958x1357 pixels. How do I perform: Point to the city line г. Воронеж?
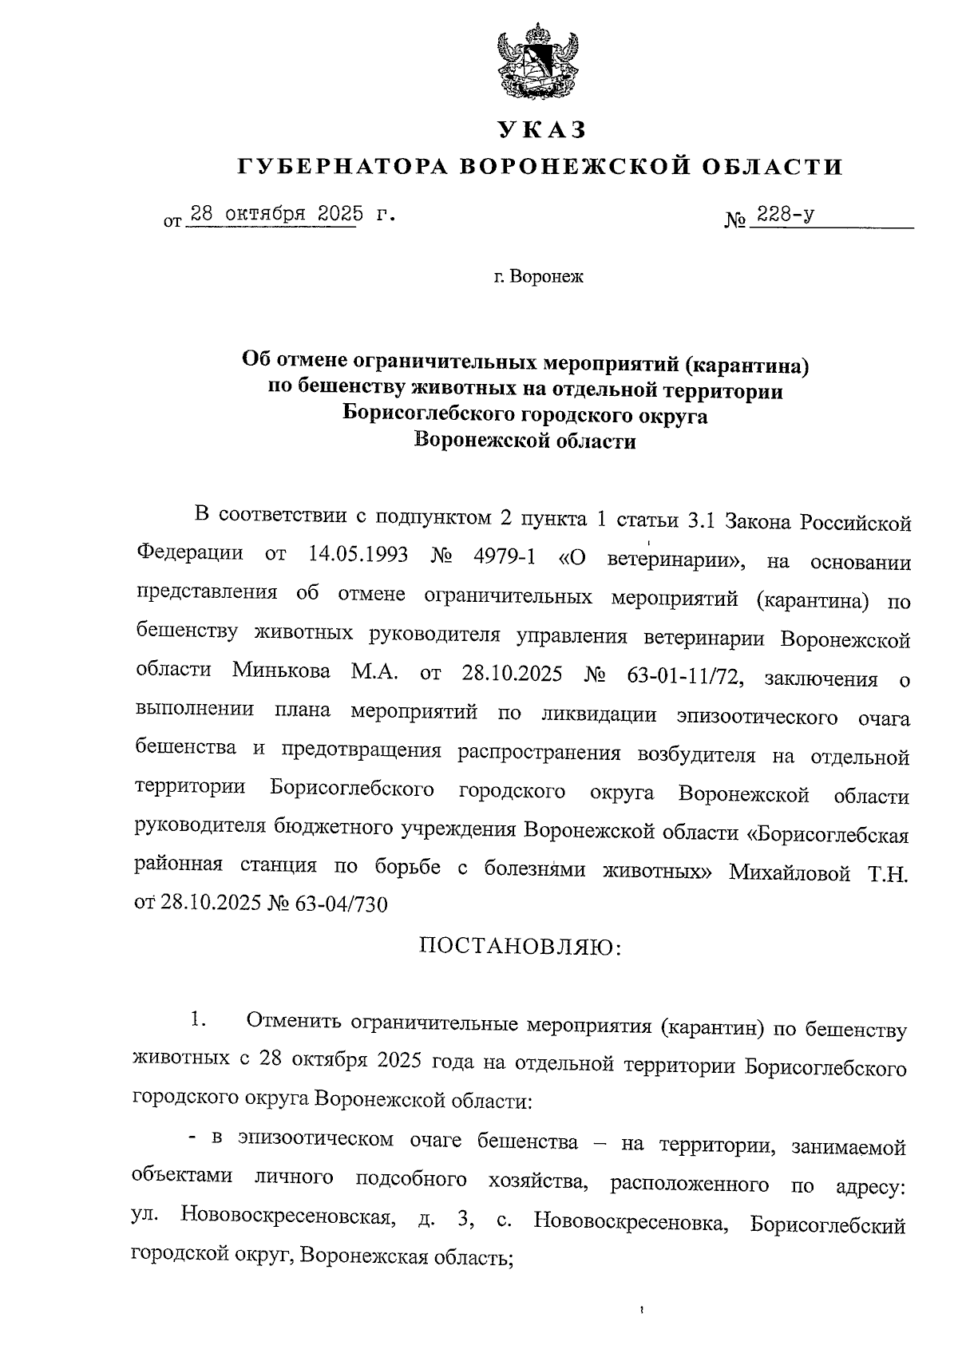538,278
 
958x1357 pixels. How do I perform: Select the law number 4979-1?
504,556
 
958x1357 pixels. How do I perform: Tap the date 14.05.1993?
358,556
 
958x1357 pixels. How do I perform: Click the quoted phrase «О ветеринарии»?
653,559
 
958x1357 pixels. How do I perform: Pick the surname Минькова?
282,671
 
